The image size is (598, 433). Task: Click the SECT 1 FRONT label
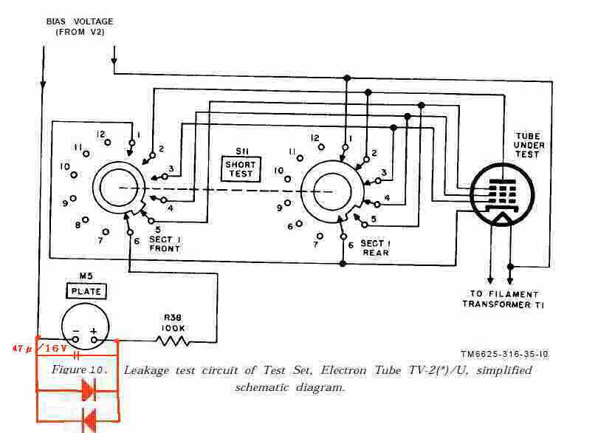tap(162, 244)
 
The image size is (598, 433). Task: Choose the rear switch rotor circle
tap(331, 191)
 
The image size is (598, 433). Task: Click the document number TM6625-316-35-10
tap(504, 355)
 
